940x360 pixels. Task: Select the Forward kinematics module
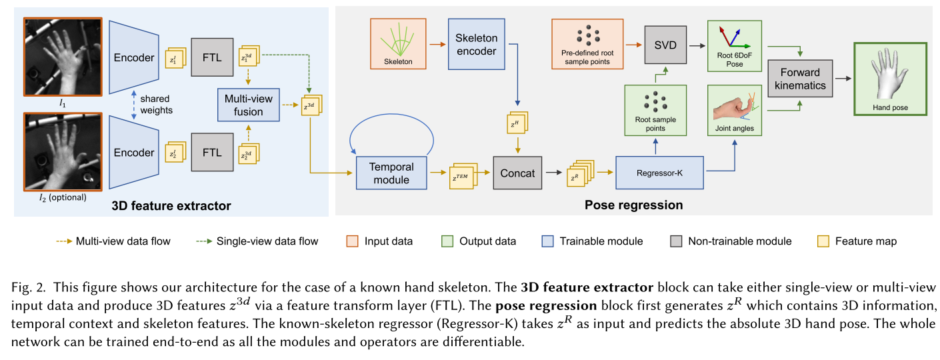tap(800, 78)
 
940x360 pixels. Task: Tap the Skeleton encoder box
tap(477, 43)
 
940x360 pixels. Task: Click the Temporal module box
tap(391, 173)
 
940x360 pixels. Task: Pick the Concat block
tap(517, 173)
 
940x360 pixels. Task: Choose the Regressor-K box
tap(659, 173)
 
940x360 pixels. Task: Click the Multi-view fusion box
tap(249, 105)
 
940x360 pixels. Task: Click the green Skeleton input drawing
tap(399, 43)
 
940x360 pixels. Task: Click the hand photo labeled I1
tap(58, 57)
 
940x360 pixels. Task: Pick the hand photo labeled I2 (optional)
tap(58, 151)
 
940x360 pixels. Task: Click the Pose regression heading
tap(633, 205)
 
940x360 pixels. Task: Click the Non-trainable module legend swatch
tap(675, 241)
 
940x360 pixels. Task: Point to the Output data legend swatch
tap(447, 241)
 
